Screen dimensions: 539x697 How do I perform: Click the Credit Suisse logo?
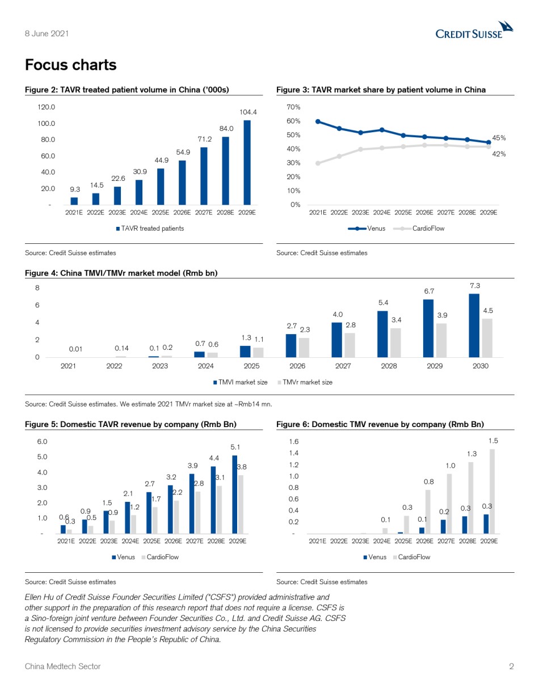tap(474, 30)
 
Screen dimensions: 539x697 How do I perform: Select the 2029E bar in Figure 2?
tap(247, 162)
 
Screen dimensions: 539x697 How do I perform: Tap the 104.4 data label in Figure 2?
tap(248, 112)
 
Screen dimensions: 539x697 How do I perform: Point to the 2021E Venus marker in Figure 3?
tap(318, 121)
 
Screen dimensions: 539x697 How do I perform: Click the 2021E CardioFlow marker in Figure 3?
tap(318, 163)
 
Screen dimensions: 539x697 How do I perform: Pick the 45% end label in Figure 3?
tap(499, 138)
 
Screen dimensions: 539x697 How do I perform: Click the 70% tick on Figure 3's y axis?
tap(293, 107)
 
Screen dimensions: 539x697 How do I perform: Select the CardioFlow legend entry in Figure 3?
tap(419, 229)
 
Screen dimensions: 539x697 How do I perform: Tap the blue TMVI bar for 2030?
tap(474, 326)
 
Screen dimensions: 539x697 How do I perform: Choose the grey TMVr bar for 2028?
tap(395, 343)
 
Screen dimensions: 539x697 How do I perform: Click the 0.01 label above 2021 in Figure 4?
tap(75, 349)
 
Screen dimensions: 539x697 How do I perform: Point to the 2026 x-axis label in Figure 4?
tap(297, 366)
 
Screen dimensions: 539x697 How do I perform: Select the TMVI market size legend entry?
tap(241, 382)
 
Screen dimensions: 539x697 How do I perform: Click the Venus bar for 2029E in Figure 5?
tap(234, 495)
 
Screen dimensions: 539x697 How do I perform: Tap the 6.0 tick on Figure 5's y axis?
tap(42, 442)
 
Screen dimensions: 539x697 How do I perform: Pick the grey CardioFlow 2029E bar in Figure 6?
tap(492, 491)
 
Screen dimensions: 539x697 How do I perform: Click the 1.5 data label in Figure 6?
tap(493, 441)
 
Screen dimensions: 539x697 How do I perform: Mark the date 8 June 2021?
tap(47, 33)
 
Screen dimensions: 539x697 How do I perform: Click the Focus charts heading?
tap(70, 65)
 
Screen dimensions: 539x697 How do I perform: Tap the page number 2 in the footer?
tap(511, 666)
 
